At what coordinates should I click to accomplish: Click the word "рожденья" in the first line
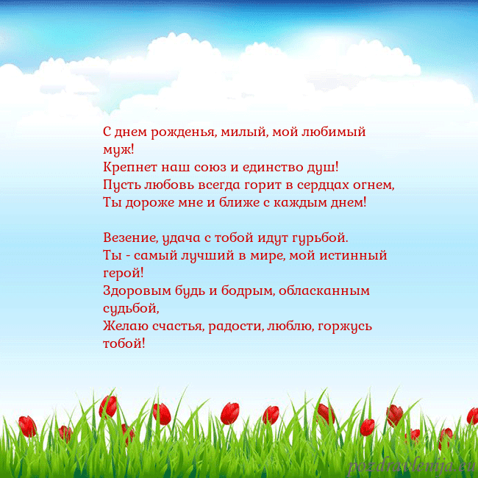[x=184, y=133]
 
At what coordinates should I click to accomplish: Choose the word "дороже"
[x=151, y=201]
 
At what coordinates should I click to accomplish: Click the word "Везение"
[x=129, y=239]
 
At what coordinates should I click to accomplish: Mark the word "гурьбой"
[x=322, y=239]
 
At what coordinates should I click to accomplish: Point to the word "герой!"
[x=124, y=273]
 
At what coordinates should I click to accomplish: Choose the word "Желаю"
[x=124, y=324]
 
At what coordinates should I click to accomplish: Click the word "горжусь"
[x=348, y=324]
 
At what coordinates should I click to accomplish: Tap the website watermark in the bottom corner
[x=412, y=465]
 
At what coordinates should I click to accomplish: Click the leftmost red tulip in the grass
[x=27, y=426]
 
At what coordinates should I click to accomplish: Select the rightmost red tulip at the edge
[x=471, y=416]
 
